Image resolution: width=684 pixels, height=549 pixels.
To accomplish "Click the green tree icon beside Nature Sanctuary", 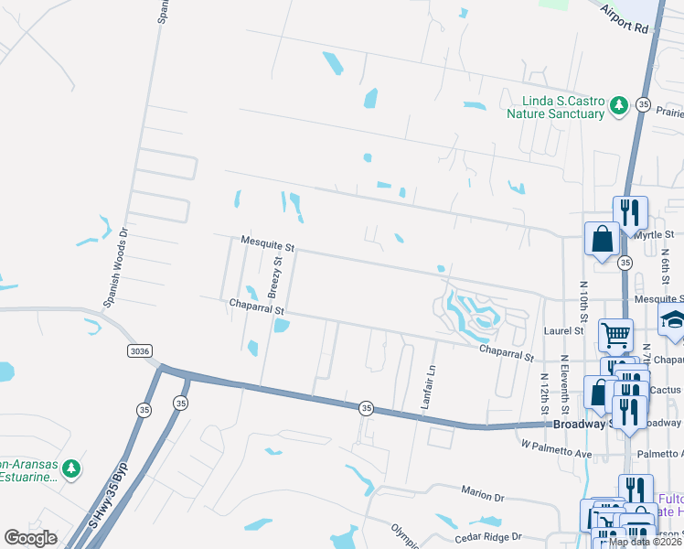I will (x=619, y=106).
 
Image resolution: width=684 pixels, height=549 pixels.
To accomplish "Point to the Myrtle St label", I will (x=653, y=235).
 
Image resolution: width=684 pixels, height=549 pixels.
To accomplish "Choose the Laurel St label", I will (x=570, y=330).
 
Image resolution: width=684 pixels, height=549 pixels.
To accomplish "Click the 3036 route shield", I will (x=139, y=350).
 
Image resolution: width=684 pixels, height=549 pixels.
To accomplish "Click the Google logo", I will (x=30, y=538).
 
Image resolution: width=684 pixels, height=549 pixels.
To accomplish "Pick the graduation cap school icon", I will (x=673, y=320).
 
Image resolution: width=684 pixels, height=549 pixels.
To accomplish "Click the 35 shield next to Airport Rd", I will (x=643, y=104).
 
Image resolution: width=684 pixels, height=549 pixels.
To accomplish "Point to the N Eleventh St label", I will (x=565, y=382).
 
